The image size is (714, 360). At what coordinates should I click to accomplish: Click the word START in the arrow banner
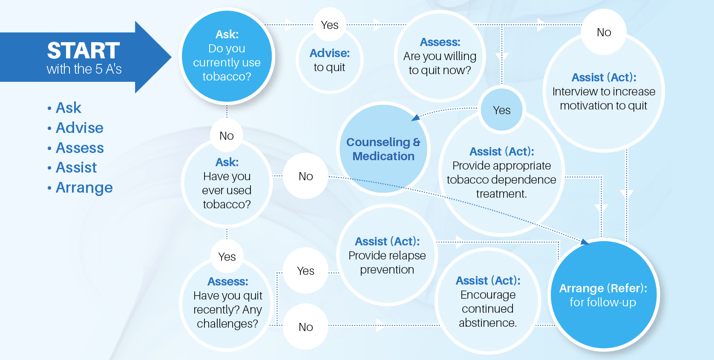pos(83,50)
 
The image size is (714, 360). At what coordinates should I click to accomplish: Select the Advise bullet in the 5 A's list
pos(79,128)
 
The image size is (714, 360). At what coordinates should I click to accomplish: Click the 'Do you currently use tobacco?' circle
pos(227,56)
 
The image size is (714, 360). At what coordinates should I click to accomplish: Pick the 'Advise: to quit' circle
pos(330,60)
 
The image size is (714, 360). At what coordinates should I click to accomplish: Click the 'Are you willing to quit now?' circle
pos(440,56)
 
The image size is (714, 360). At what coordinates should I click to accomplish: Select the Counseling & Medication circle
pos(383,149)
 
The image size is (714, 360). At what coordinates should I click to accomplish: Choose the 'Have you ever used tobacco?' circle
pos(227,183)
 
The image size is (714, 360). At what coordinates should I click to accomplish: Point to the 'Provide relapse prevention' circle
pos(387,255)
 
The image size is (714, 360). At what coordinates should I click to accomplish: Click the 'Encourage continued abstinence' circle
pos(488,301)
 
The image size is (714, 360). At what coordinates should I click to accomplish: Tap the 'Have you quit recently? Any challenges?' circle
pos(227,303)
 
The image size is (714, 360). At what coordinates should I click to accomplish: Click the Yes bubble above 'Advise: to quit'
pos(330,25)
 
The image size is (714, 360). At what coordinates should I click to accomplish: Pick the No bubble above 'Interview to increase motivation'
pos(604,32)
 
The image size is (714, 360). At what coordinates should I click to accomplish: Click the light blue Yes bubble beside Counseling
pos(502,110)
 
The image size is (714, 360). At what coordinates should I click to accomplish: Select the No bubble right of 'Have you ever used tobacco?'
pos(306,176)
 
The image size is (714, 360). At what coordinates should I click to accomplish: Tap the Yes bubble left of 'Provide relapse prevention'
pos(306,271)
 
